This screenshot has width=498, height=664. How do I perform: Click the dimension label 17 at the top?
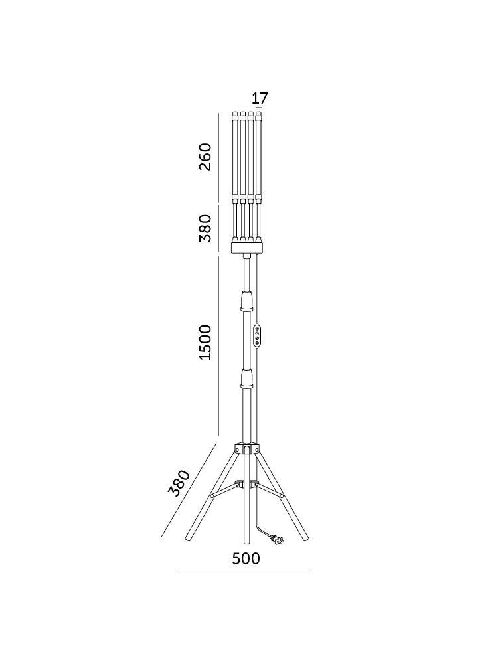click(x=260, y=98)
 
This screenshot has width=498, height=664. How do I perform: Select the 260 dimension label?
click(x=205, y=157)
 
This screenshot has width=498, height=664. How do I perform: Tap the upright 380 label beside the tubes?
click(x=205, y=228)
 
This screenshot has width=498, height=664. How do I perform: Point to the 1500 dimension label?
click(x=205, y=343)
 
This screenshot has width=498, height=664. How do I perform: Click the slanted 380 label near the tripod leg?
click(x=179, y=483)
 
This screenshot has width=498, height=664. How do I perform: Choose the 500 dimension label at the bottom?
click(x=246, y=559)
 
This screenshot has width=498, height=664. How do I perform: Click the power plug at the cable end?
click(x=278, y=540)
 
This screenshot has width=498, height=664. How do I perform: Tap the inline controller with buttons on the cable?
click(x=256, y=337)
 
